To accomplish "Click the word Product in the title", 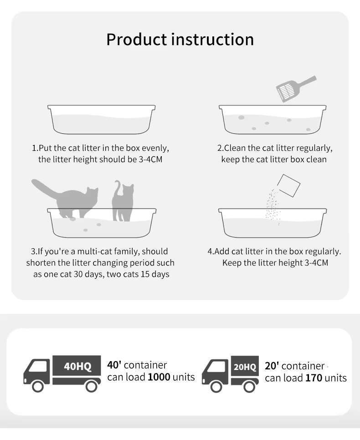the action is pyautogui.click(x=137, y=39).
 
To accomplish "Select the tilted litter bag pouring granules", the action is pyautogui.click(x=288, y=185).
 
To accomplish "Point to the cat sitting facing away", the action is pyautogui.click(x=123, y=201).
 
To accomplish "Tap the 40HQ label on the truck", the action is pyautogui.click(x=77, y=366).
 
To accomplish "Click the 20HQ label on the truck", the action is pyautogui.click(x=245, y=367).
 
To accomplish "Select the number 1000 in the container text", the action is pyautogui.click(x=159, y=377).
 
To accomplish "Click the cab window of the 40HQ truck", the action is pyautogui.click(x=38, y=367).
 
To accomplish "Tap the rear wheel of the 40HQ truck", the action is pyautogui.click(x=91, y=386).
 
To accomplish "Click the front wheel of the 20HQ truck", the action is pyautogui.click(x=216, y=387).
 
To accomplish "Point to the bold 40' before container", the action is pyautogui.click(x=114, y=365).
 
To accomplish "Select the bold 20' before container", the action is pyautogui.click(x=272, y=366).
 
